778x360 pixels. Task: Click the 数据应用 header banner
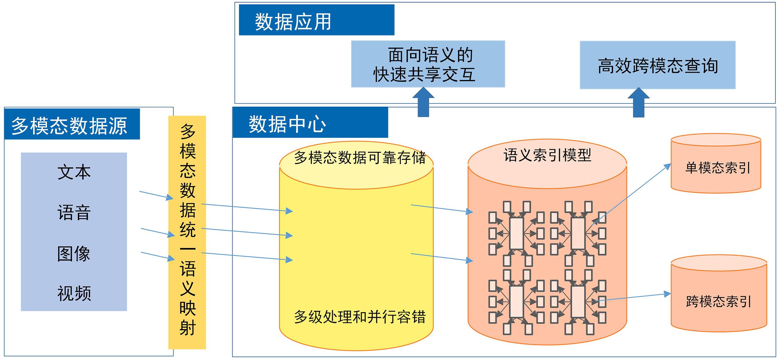pos(316,20)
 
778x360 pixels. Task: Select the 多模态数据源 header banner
pos(72,124)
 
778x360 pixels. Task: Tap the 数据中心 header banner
pos(310,123)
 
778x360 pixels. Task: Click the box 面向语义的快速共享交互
pos(428,64)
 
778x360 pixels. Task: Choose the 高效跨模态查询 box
pos(657,65)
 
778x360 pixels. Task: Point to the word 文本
pos(74,172)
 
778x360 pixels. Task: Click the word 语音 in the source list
pos(74,213)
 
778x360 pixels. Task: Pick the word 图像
pos(74,254)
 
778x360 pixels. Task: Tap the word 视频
pos(74,293)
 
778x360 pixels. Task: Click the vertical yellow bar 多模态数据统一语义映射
pos(187,232)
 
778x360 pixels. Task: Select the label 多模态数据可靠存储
pos(359,158)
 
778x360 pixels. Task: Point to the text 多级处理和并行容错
pos(359,317)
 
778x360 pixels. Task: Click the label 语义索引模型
pos(547,155)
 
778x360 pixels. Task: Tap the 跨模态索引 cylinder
pos(719,297)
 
